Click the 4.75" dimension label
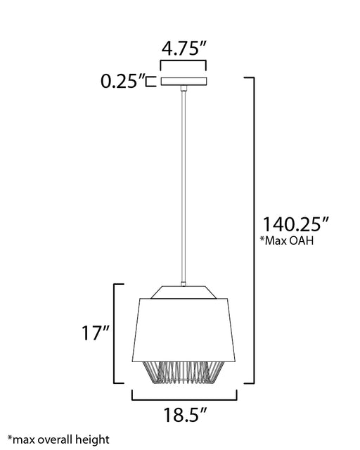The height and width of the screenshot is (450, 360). (184, 49)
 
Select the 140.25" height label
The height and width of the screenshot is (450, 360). (295, 224)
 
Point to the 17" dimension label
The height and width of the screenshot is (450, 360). (96, 333)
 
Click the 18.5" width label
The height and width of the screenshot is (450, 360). (185, 415)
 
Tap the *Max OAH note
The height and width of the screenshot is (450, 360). (287, 240)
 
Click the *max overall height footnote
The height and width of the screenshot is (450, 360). (58, 439)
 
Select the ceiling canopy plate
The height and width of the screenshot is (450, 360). (184, 82)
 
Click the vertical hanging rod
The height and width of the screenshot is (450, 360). (183, 186)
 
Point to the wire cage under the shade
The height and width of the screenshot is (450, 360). (184, 372)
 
